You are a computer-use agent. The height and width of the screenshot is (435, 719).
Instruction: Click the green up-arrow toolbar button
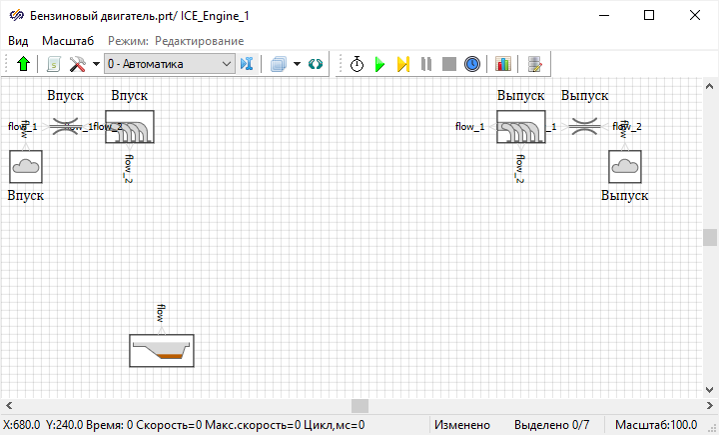click(x=24, y=64)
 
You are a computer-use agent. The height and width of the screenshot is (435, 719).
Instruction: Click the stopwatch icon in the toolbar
click(x=358, y=64)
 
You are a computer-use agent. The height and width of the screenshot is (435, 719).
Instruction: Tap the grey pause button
click(x=426, y=64)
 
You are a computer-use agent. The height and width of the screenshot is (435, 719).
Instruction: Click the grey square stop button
click(x=449, y=64)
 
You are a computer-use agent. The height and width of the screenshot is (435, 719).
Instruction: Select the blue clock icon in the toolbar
click(x=472, y=64)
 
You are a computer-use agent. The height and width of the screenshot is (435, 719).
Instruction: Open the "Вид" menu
click(x=18, y=41)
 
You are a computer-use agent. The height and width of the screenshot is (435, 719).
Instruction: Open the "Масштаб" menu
click(x=68, y=41)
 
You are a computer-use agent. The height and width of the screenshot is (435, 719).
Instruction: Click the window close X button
click(x=695, y=15)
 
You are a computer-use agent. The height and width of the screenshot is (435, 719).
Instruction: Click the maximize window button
click(x=649, y=15)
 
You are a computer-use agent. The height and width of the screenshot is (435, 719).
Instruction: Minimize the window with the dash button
click(x=603, y=15)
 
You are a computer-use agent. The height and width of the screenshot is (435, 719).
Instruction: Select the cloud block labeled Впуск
click(x=25, y=166)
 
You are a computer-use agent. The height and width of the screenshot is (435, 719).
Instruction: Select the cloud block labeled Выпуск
click(x=625, y=166)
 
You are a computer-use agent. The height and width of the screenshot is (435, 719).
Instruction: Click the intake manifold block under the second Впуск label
click(x=130, y=127)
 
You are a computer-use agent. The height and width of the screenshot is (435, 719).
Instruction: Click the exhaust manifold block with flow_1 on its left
click(x=520, y=127)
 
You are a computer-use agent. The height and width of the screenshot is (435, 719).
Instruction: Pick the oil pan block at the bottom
click(x=162, y=351)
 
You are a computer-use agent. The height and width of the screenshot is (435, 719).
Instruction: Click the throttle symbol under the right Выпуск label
click(x=584, y=127)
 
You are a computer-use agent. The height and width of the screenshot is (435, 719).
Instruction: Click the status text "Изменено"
click(x=462, y=425)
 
